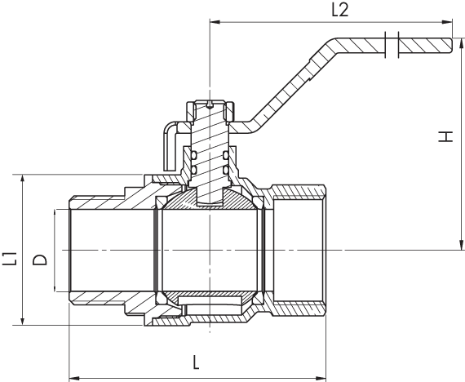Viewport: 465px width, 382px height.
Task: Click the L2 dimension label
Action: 340,11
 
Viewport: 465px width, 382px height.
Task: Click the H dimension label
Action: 445,136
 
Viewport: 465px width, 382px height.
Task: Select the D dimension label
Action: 40,260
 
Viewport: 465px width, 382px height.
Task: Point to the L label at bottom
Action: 196,362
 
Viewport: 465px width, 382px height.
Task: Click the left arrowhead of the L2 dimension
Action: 215,22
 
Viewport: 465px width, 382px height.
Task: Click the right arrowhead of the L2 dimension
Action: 447,22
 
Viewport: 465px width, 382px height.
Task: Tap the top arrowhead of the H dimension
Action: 462,43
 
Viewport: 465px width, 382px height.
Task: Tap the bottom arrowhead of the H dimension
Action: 462,245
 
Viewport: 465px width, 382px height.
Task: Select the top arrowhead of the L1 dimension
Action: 23,180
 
